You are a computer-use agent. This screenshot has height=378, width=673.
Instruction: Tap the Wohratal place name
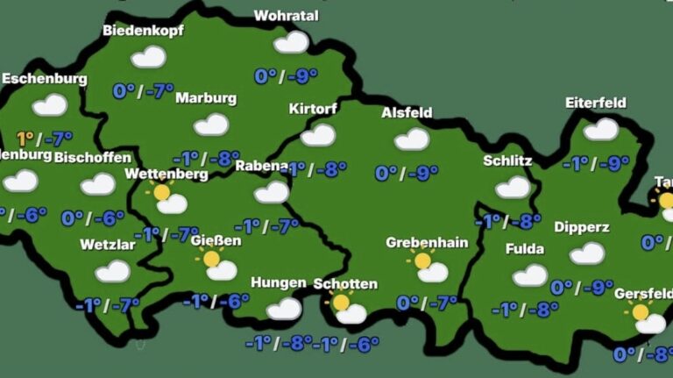(286, 16)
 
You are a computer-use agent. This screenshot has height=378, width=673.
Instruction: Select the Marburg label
(206, 98)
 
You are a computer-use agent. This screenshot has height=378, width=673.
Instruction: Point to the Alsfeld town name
(407, 112)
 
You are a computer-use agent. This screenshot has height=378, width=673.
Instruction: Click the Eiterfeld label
(596, 103)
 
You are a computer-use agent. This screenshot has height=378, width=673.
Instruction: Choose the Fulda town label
(525, 249)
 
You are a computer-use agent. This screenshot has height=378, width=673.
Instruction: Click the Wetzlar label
(108, 245)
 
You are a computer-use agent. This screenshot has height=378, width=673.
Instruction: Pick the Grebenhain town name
(427, 242)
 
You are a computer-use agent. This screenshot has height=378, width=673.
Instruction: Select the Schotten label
(345, 284)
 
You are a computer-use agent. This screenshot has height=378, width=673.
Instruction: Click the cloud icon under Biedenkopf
(148, 57)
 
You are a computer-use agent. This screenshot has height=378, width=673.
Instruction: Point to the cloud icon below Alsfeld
(411, 139)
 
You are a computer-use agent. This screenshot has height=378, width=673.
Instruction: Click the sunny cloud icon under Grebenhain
(429, 267)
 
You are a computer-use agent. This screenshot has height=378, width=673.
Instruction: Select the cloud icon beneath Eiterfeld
(601, 129)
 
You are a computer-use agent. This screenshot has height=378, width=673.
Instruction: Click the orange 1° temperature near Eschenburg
(25, 138)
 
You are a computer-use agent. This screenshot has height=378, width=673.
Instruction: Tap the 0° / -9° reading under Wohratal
(286, 76)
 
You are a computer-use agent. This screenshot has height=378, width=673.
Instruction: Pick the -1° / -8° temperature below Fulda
(525, 309)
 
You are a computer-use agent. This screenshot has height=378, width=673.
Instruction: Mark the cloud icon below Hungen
(284, 308)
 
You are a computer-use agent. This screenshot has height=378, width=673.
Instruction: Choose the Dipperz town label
(582, 227)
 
